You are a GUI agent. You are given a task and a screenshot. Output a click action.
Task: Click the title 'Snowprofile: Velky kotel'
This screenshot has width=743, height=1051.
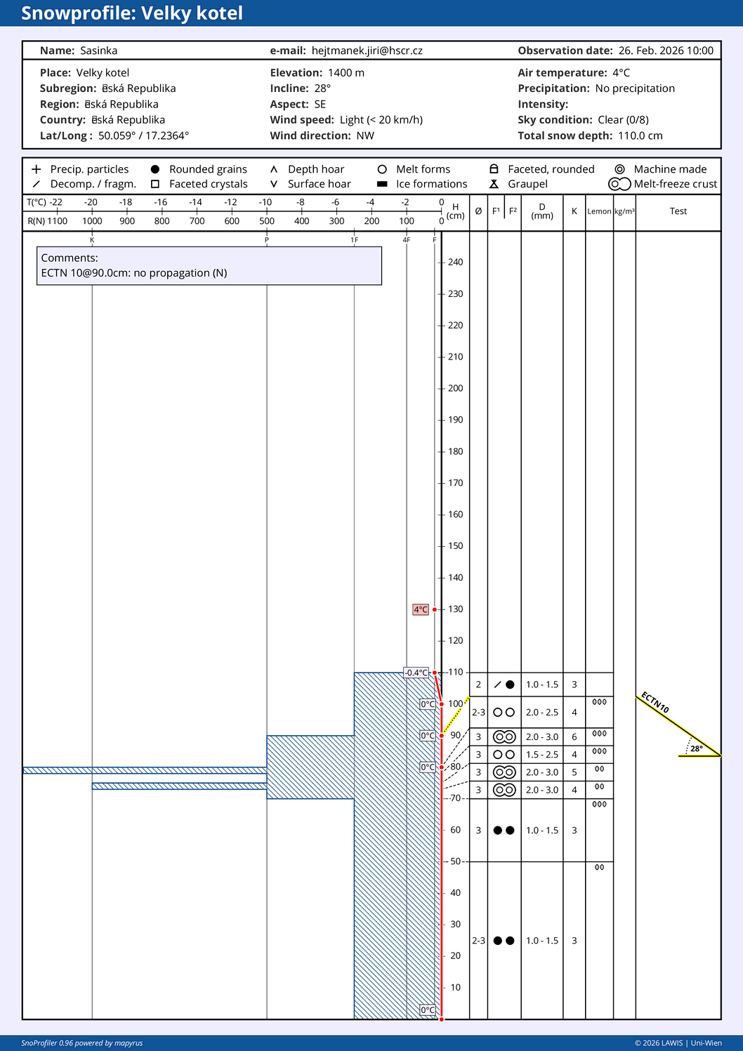tap(132, 13)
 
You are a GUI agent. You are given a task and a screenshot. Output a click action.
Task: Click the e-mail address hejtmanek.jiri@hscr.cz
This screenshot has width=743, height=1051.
tap(367, 51)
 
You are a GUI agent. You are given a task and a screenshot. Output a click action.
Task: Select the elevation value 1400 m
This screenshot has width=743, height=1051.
tap(346, 73)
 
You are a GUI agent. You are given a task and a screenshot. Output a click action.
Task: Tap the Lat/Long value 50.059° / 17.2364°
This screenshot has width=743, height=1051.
tap(143, 136)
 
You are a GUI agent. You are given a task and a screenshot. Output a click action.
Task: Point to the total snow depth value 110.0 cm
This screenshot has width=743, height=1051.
tap(640, 136)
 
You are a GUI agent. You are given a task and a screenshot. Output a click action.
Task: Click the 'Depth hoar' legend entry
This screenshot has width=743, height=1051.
tap(315, 169)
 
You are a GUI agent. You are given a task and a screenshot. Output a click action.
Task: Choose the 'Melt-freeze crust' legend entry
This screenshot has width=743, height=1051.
tap(675, 184)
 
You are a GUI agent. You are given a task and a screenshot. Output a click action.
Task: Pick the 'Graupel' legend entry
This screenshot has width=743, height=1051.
tap(527, 184)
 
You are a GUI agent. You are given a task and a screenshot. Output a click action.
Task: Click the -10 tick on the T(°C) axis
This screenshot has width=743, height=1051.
tap(265, 202)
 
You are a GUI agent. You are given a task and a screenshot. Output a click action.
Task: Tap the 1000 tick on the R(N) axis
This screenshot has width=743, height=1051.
tap(92, 221)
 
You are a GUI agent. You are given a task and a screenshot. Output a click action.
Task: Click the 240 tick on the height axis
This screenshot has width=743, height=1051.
tap(455, 263)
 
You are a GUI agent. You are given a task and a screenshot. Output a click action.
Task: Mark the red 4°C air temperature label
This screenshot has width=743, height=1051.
tap(420, 609)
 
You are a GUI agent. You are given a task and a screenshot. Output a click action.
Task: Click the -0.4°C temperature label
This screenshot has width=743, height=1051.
tap(416, 673)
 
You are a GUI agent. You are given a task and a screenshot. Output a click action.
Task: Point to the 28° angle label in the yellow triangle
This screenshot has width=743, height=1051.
tap(696, 748)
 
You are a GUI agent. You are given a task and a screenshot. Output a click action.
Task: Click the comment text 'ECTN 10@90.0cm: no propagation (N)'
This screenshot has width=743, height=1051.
tap(134, 273)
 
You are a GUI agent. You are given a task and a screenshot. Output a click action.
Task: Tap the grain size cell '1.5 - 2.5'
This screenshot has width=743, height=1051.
tap(542, 755)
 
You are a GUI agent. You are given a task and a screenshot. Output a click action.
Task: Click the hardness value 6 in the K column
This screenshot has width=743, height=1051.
tap(574, 737)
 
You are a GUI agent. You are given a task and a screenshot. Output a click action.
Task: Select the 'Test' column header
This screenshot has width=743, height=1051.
tap(678, 211)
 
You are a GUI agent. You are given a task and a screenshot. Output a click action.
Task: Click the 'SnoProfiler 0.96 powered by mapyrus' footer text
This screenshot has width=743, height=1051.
tap(82, 1043)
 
